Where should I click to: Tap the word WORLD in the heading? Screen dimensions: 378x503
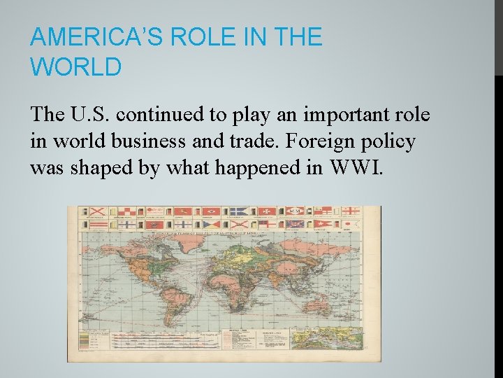(x=76, y=67)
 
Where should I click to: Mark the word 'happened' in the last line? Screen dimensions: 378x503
(x=242, y=169)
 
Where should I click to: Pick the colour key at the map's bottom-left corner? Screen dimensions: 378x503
(x=87, y=342)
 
